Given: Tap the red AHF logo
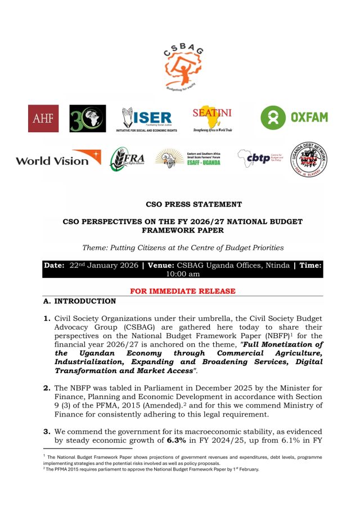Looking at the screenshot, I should (43, 119).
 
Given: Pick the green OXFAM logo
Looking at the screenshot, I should (294, 118).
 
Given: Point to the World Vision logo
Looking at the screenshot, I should (58, 159).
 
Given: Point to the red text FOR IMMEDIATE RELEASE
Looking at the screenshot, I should (183, 291).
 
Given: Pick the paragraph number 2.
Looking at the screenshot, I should (47, 388).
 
